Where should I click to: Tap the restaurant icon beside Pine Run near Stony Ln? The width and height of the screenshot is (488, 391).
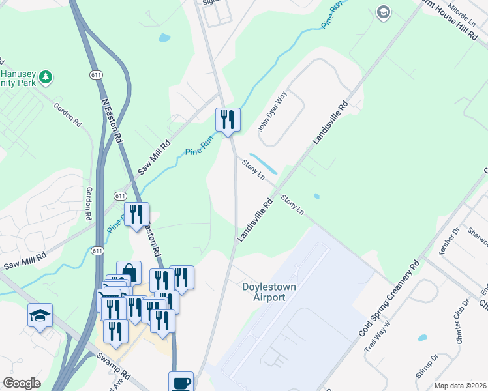228,120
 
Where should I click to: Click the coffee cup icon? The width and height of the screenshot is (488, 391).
181,383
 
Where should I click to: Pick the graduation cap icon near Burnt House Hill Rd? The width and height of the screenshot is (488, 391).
383,12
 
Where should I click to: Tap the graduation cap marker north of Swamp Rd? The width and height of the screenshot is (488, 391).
40,316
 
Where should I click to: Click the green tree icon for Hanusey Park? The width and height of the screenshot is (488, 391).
45,78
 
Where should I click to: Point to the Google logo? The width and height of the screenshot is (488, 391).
22,383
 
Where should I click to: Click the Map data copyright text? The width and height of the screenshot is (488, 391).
460,386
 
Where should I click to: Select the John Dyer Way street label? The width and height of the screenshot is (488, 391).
272,111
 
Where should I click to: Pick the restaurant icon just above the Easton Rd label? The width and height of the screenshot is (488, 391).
137,214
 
